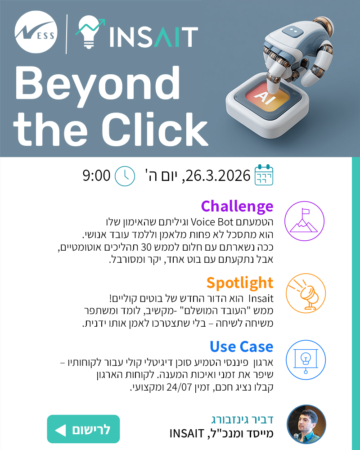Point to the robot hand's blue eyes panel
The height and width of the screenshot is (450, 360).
coord(293,30)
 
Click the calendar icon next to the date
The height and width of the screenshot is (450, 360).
coord(264,175)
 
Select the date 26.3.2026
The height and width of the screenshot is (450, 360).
coord(216,175)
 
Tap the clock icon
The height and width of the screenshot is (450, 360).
coord(125,175)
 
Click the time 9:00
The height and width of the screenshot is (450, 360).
coord(96,175)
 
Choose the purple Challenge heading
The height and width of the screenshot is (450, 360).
coord(237,206)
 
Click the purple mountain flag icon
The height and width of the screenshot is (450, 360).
coord(304,221)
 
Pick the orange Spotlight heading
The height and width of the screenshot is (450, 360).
coord(239,283)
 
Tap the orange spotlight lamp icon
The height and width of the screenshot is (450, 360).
coord(305,293)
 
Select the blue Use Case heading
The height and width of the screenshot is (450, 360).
coord(241,346)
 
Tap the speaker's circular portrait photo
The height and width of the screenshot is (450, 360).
coord(306,424)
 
